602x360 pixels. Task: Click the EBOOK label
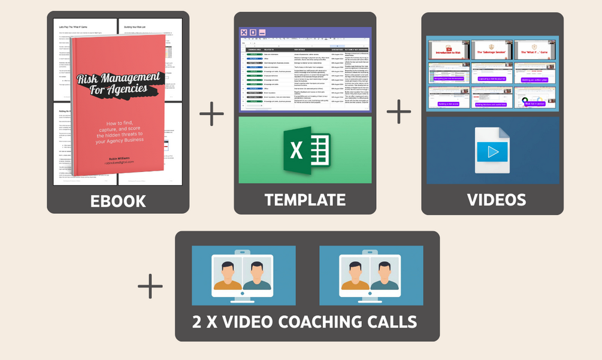pos(118,201)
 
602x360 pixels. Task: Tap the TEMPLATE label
pos(305,200)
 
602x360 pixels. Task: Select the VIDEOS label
pos(497,200)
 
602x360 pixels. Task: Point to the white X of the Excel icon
pos(297,150)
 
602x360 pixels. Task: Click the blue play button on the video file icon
pos(493,152)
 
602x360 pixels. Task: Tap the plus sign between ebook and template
pos(211,113)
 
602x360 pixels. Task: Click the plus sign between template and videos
pos(399,111)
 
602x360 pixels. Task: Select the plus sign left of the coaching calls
pos(150,286)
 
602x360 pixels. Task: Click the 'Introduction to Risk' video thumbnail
pos(448,50)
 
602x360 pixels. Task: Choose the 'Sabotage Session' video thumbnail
pos(491,50)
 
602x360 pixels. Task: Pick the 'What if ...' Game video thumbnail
pos(535,50)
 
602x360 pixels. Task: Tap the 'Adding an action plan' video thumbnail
pos(535,73)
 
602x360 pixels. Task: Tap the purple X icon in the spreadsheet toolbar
pos(244,32)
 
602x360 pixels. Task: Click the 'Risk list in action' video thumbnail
pos(535,98)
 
